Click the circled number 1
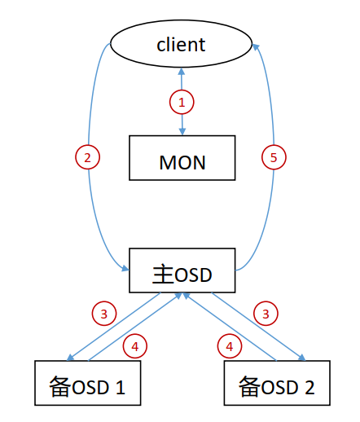pos(182,102)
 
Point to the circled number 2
pos(87,157)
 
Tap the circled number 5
pos(274,157)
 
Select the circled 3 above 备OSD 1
pos(104,314)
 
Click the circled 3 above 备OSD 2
pos(266,314)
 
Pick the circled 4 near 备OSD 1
pos(135,346)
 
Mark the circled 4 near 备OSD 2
pos(230,346)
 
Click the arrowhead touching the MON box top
pos(182,131)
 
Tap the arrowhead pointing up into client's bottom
pos(182,72)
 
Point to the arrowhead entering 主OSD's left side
pos(125,268)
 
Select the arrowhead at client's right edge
pos(256,47)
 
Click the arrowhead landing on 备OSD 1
pos(70,357)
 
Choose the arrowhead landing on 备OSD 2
pos(301,358)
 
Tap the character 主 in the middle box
pos(163,275)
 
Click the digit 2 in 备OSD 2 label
pos(310,387)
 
